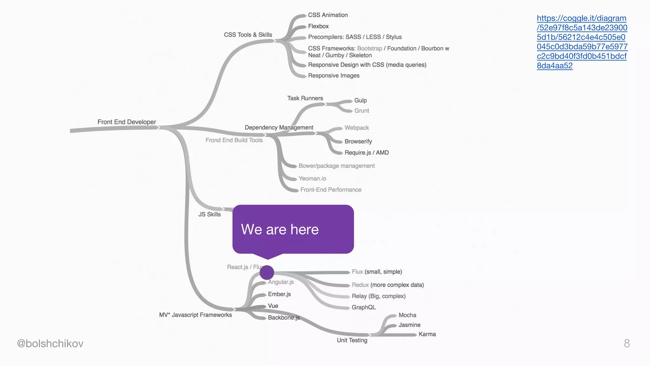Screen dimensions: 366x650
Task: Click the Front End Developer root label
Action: pyautogui.click(x=127, y=122)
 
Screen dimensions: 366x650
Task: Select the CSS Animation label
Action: pyautogui.click(x=328, y=15)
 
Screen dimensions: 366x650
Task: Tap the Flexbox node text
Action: pyautogui.click(x=318, y=26)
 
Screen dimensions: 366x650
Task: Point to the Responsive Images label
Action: pyautogui.click(x=334, y=76)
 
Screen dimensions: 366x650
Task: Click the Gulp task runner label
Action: pyautogui.click(x=360, y=100)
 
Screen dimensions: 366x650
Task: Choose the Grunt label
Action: pyautogui.click(x=361, y=111)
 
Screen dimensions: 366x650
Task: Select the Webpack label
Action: pyautogui.click(x=356, y=128)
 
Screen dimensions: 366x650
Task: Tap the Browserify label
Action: pyautogui.click(x=358, y=141)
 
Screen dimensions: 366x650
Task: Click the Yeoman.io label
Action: pyautogui.click(x=312, y=179)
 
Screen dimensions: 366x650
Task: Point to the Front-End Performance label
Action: pyautogui.click(x=331, y=190)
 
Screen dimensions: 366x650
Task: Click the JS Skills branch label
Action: pyautogui.click(x=209, y=214)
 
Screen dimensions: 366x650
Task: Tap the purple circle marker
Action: pyautogui.click(x=267, y=273)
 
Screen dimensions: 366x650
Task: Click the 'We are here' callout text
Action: pyautogui.click(x=280, y=229)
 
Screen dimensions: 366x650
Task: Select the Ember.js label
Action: pyautogui.click(x=279, y=294)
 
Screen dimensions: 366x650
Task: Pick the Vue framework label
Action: pyautogui.click(x=273, y=306)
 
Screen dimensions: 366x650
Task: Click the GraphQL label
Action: pyautogui.click(x=363, y=307)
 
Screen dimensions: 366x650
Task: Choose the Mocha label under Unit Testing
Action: pyautogui.click(x=407, y=315)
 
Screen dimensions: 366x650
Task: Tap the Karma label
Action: pyautogui.click(x=427, y=334)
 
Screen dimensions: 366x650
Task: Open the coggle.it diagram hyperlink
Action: pyautogui.click(x=582, y=42)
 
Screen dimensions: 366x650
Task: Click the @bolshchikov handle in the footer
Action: pyautogui.click(x=50, y=343)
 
